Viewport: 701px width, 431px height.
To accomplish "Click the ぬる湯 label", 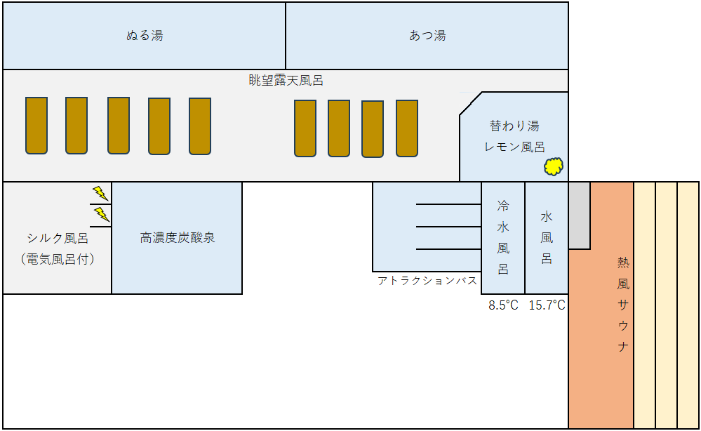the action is [145, 35].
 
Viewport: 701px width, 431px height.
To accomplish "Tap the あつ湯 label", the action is [427, 35].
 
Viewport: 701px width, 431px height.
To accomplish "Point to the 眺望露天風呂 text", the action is [286, 81].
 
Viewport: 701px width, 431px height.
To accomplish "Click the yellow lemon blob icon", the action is [554, 166].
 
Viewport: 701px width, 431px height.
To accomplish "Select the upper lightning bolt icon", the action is [100, 193].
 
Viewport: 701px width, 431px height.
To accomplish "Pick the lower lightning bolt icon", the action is [102, 214].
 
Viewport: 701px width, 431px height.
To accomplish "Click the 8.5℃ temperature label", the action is [503, 305].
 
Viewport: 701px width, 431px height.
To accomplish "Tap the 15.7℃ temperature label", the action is [547, 305].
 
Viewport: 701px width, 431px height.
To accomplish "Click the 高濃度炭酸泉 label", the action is [178, 237].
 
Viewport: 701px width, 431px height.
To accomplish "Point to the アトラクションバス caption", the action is [427, 281].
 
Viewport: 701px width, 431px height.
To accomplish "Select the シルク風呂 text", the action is [58, 238].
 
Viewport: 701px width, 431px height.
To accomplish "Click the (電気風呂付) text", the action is [58, 259].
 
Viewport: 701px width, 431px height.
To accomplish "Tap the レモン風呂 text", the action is [514, 147].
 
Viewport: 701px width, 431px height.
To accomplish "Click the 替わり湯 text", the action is [514, 126].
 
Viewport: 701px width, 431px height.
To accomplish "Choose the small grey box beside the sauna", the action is [580, 215].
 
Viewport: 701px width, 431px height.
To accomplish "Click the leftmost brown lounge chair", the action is [36, 126].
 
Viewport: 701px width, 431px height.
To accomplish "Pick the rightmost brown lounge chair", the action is [407, 128].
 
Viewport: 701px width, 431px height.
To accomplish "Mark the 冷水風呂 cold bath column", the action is [503, 238].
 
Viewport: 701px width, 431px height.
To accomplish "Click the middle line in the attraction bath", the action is [448, 227].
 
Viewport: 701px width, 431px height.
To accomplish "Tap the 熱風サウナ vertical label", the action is [623, 305].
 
